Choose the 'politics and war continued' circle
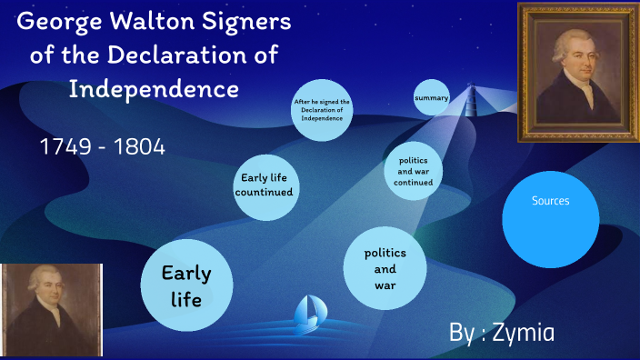click(x=413, y=171)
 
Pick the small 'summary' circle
click(x=431, y=97)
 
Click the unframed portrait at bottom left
click(x=51, y=309)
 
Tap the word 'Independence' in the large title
click(x=155, y=89)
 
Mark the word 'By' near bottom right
click(x=462, y=333)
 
